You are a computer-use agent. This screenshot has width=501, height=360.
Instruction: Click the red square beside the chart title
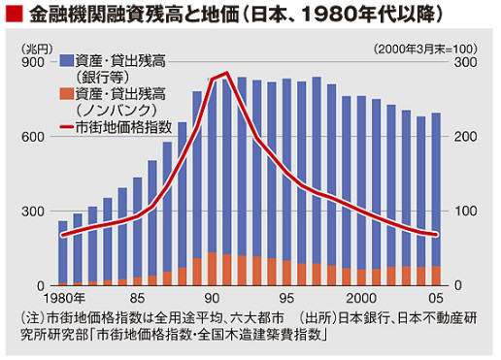pyautogui.click(x=13, y=16)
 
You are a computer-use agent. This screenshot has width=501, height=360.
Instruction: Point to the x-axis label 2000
pyautogui.click(x=361, y=298)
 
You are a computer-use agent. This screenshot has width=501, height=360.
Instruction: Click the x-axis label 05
pyautogui.click(x=437, y=298)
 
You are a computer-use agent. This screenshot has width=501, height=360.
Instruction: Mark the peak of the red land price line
pyautogui.click(x=226, y=74)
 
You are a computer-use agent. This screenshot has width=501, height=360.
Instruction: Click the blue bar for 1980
pyautogui.click(x=63, y=252)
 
